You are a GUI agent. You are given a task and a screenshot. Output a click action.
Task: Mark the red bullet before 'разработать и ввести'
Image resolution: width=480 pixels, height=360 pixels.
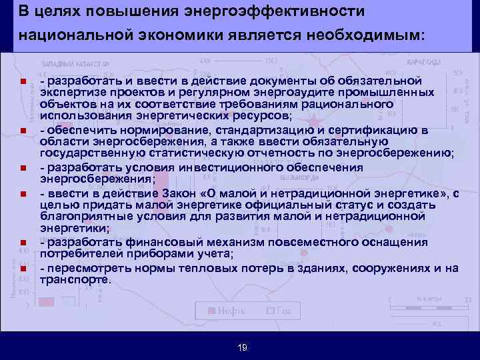(23, 82)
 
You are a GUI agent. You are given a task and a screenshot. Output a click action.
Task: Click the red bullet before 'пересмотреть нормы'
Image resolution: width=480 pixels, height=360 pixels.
(23, 269)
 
